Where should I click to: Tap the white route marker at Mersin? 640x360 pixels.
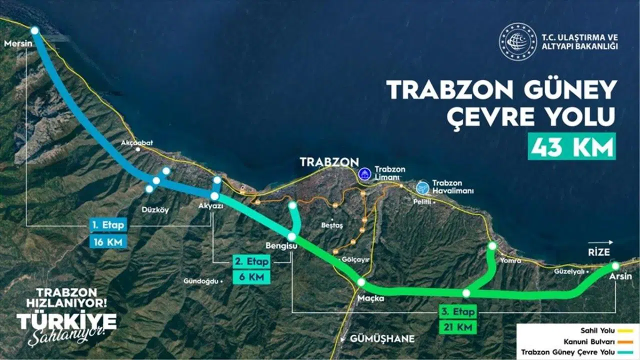(34, 30)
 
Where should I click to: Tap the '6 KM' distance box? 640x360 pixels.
(251, 277)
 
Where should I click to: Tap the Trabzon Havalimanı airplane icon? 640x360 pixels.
(423, 187)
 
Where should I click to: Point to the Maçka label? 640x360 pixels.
(371, 298)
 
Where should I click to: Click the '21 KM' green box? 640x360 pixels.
(457, 327)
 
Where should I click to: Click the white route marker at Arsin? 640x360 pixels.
(615, 265)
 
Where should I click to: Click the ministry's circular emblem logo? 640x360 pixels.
(517, 41)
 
